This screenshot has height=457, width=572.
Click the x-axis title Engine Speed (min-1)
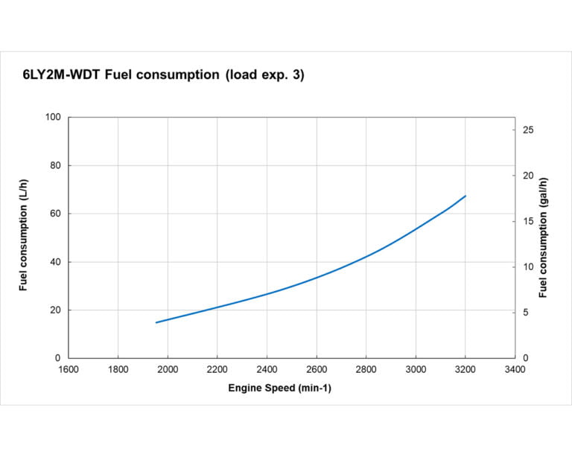click(x=279, y=389)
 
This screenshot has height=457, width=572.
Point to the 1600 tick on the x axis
click(x=69, y=369)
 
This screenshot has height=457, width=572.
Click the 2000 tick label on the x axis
click(x=168, y=369)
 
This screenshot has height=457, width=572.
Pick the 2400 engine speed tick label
click(x=267, y=369)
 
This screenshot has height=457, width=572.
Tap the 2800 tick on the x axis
click(x=366, y=369)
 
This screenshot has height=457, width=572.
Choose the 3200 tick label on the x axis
click(x=465, y=369)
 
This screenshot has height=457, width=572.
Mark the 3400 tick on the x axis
click(x=515, y=369)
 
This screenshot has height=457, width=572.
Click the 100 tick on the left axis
click(x=53, y=118)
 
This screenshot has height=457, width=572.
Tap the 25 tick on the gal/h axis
click(x=529, y=130)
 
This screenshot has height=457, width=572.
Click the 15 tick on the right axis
click(x=529, y=222)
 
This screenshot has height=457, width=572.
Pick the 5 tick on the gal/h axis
click(x=527, y=313)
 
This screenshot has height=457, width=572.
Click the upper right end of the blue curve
click(x=465, y=196)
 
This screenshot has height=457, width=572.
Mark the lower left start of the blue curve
click(x=156, y=322)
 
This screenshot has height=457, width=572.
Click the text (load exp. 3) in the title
click(x=264, y=75)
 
